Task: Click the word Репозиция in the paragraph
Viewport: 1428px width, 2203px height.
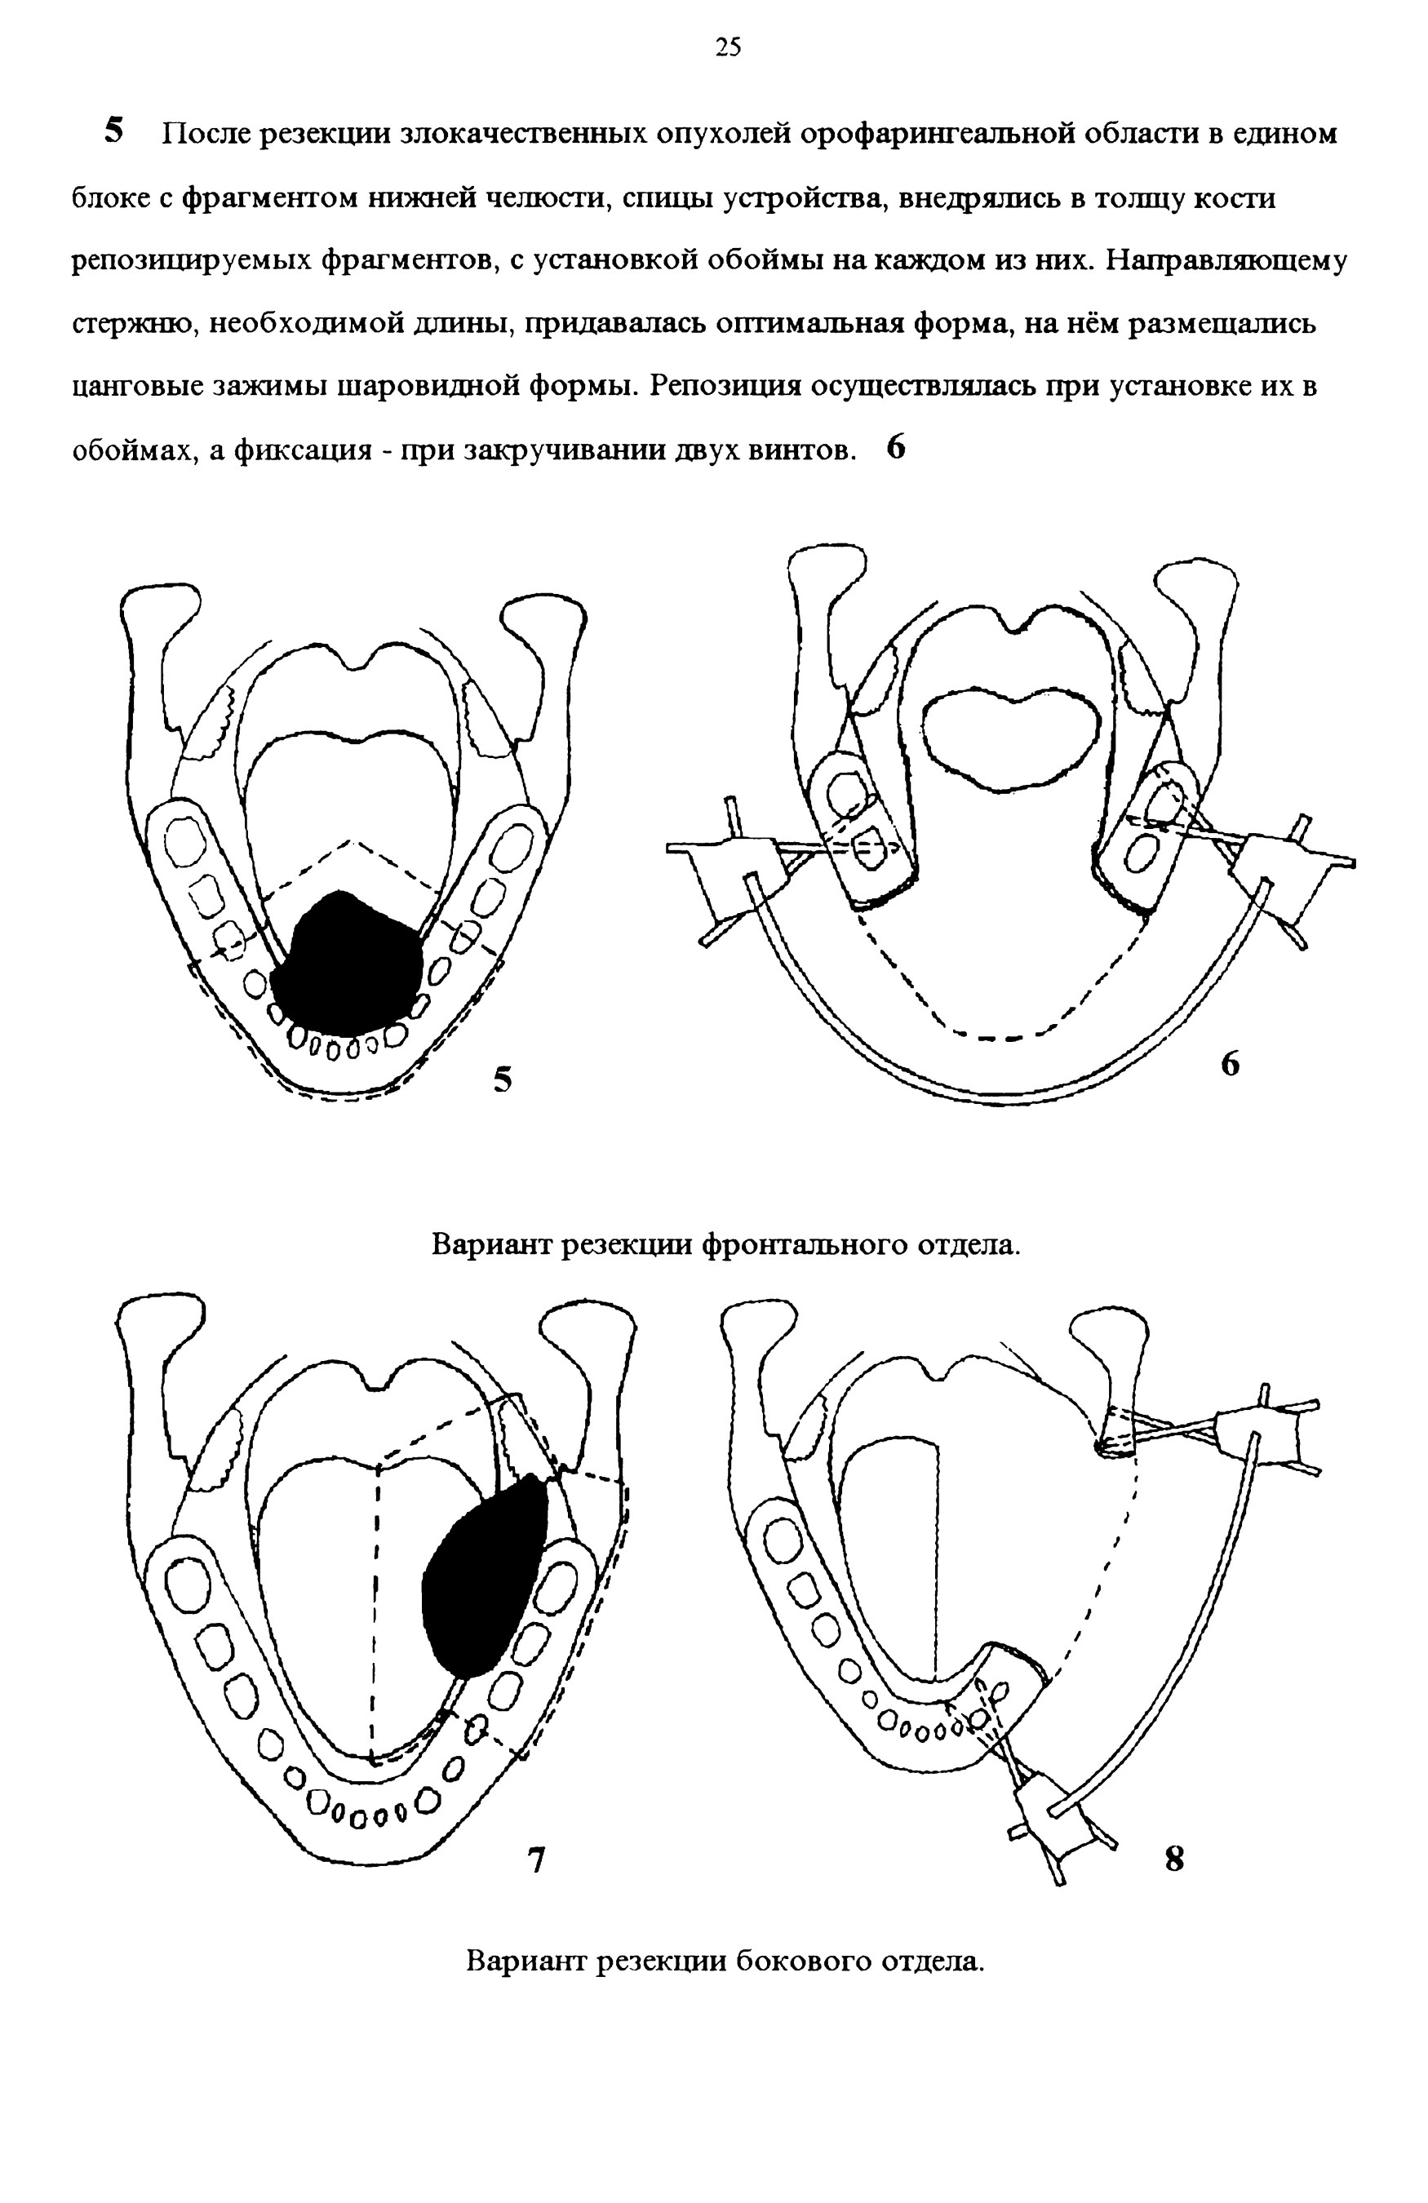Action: (725, 386)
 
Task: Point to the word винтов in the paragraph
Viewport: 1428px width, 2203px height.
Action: (798, 450)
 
